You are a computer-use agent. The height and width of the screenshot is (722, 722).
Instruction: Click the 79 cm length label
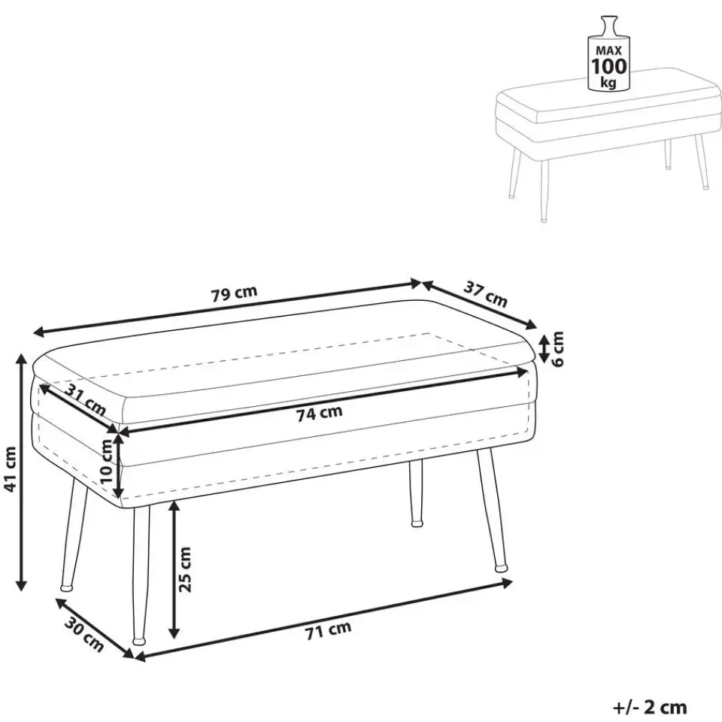pos(234,293)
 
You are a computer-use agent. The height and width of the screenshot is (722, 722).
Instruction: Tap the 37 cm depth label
pos(485,294)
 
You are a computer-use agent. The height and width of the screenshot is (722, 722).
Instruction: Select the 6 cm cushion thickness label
pos(557,348)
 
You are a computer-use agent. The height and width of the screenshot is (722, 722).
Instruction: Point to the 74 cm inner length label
pos(319,413)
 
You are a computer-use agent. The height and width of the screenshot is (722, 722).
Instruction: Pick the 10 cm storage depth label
pos(106,461)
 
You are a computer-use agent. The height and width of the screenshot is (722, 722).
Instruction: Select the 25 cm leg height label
pos(184,569)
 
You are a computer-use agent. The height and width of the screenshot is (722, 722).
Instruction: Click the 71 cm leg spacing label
pos(328,630)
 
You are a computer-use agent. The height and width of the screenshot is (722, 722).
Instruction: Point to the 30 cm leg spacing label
pos(83,636)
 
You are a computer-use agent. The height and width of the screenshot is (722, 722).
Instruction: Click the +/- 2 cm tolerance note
pos(650,707)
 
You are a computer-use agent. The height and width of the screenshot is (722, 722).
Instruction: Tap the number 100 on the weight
pos(608,66)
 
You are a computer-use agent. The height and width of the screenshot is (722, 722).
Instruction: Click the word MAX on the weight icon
pos(608,50)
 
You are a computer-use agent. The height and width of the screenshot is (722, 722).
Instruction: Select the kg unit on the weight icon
pos(608,83)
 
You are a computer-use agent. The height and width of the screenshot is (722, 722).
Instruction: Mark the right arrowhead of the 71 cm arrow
pos(506,584)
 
